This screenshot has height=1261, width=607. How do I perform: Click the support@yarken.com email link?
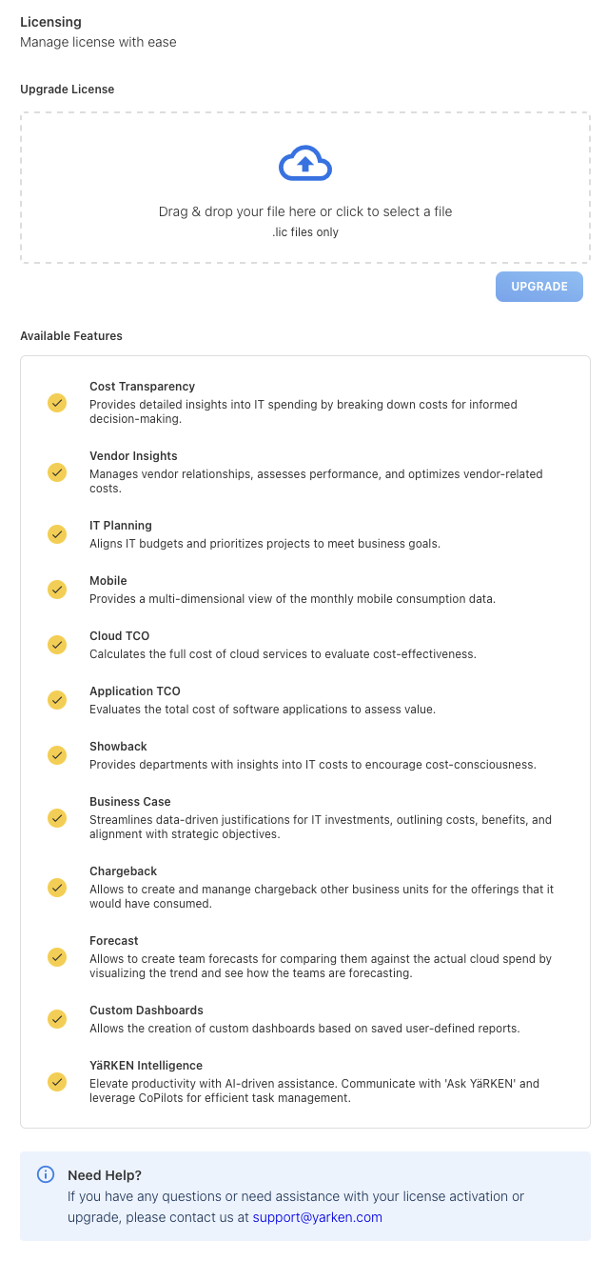[317, 1217]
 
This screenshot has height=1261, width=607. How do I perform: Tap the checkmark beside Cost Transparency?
[57, 403]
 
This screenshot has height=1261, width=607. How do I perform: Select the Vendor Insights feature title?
[133, 456]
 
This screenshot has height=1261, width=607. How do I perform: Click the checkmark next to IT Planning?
[57, 534]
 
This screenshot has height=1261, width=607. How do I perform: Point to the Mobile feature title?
[108, 581]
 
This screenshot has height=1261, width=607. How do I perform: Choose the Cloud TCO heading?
[119, 636]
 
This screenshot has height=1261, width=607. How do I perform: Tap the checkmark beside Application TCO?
[57, 700]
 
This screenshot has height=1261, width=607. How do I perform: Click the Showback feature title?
[118, 747]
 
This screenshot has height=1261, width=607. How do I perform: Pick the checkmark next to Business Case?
[57, 818]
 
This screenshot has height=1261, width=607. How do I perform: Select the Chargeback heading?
[123, 871]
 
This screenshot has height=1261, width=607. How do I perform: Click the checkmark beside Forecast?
[57, 957]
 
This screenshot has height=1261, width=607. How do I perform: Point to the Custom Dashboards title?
[146, 1011]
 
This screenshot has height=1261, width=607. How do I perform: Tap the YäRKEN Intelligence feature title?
[146, 1066]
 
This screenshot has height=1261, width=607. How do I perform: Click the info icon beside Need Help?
[46, 1174]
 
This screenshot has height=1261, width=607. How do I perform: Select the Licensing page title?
[50, 22]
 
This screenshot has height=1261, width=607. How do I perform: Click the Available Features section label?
[71, 336]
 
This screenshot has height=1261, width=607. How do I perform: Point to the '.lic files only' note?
[304, 232]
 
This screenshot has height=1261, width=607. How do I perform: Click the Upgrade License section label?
[67, 90]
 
